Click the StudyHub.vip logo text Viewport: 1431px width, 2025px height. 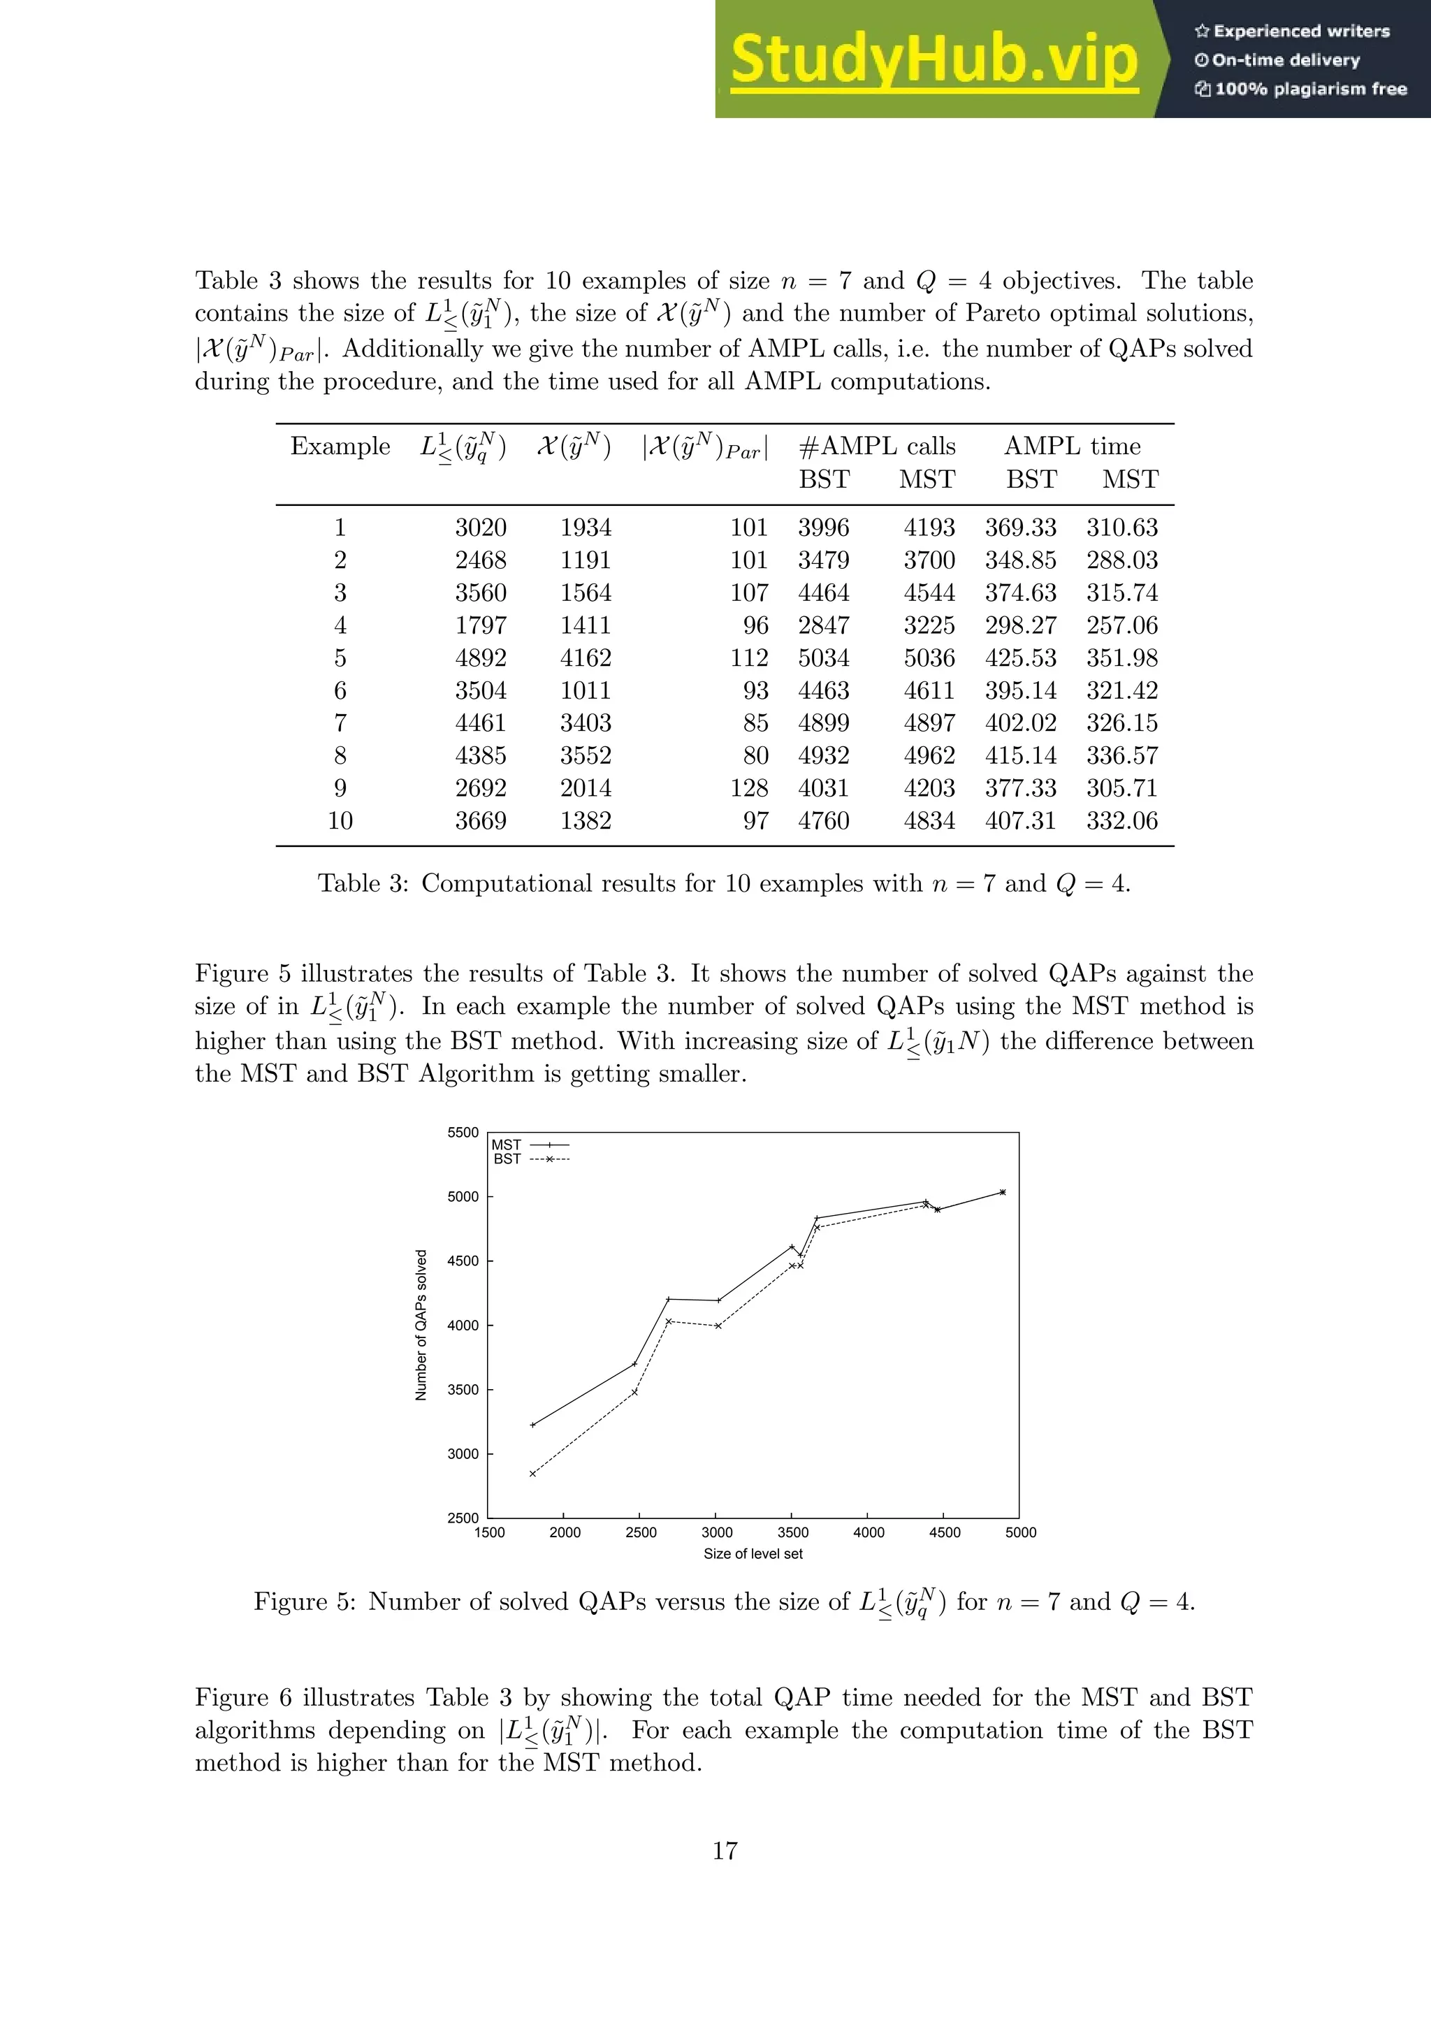pos(934,60)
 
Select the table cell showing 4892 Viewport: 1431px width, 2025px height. pos(481,658)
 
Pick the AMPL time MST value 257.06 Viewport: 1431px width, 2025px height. pos(1121,625)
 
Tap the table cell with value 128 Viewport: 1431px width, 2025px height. pos(748,787)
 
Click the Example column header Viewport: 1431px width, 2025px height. pos(340,447)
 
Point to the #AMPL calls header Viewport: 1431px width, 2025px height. pos(876,447)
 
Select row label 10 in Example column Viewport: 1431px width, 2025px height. pos(340,820)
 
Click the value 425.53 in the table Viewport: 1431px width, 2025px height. pos(1020,658)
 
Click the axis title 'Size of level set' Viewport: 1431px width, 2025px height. pos(753,1554)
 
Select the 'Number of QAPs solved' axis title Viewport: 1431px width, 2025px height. pos(421,1325)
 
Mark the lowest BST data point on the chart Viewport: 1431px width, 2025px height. pos(532,1474)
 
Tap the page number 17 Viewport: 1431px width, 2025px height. pos(725,1850)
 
